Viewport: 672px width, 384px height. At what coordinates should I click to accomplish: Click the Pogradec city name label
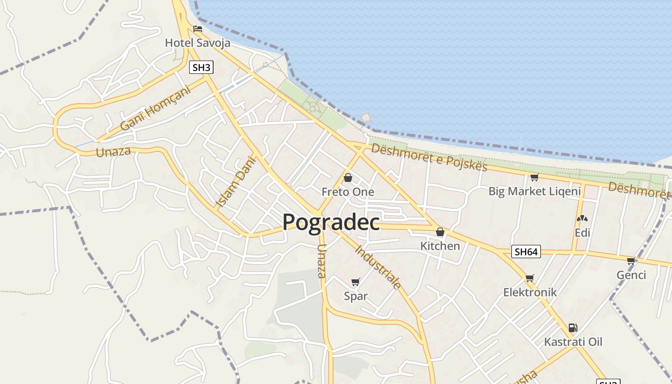point(331,222)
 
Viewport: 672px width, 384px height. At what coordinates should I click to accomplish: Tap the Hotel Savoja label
point(197,43)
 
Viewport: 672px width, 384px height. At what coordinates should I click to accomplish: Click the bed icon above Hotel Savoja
point(197,29)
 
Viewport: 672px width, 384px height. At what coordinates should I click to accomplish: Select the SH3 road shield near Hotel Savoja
point(201,67)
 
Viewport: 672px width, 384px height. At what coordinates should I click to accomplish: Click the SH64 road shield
point(526,252)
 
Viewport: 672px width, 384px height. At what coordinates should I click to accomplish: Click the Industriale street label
point(378,267)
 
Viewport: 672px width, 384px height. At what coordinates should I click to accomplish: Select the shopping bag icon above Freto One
point(348,178)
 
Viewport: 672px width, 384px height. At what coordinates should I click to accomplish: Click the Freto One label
point(348,192)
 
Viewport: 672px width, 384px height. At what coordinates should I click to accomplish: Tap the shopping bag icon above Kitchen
point(440,232)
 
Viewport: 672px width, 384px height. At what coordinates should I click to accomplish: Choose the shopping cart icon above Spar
point(355,282)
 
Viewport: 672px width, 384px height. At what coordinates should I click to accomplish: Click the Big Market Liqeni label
point(534,192)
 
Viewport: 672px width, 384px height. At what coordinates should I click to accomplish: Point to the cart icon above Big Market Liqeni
point(534,178)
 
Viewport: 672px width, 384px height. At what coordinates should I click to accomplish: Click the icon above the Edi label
point(582,218)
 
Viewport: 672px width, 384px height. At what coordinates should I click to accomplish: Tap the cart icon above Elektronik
point(529,278)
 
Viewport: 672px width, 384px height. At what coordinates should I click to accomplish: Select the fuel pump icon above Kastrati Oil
point(573,328)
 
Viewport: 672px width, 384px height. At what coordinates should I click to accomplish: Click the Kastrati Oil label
point(573,342)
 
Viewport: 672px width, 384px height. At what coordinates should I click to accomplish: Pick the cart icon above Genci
point(631,261)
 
